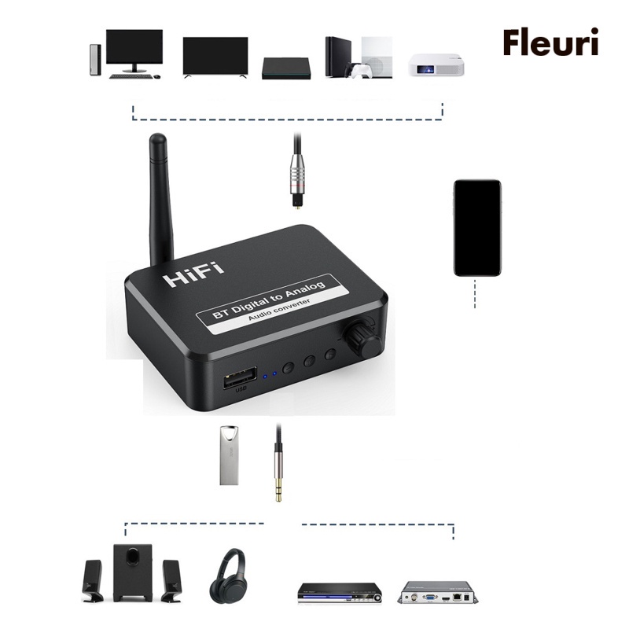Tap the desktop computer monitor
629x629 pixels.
134,49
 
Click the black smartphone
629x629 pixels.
477,227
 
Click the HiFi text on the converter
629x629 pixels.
193,274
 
